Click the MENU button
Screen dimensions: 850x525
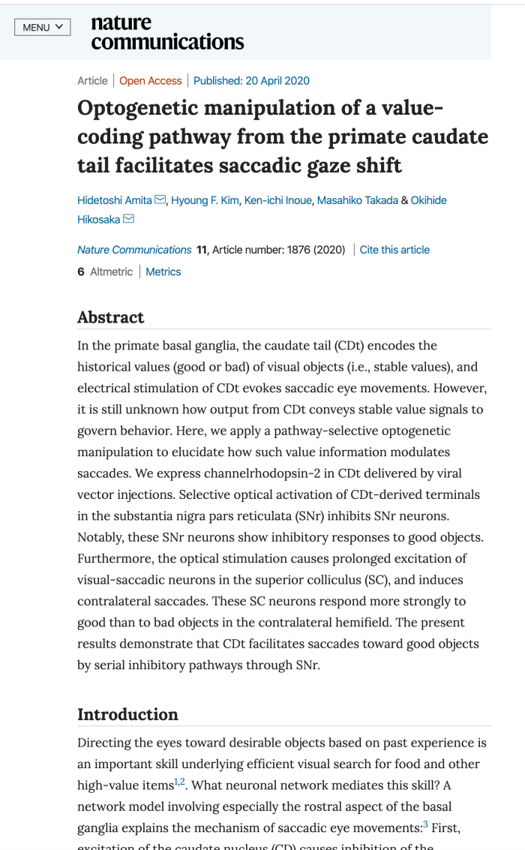tap(43, 28)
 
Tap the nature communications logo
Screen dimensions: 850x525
tap(166, 33)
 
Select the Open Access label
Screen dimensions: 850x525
tap(151, 81)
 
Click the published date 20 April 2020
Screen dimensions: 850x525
tap(251, 81)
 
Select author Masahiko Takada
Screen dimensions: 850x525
tap(358, 200)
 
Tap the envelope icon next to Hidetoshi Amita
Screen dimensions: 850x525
tap(160, 200)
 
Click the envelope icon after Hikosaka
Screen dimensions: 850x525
tap(128, 219)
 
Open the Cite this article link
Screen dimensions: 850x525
tap(394, 250)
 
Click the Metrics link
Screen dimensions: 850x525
tap(163, 272)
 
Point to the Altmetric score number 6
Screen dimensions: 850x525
tap(81, 272)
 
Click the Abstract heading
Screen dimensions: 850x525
tap(111, 317)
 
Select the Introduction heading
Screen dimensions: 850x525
tap(127, 714)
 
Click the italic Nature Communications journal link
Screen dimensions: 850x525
tap(134, 250)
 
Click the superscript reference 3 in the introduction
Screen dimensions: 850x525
tap(425, 803)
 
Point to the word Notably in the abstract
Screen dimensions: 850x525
tap(101, 537)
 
